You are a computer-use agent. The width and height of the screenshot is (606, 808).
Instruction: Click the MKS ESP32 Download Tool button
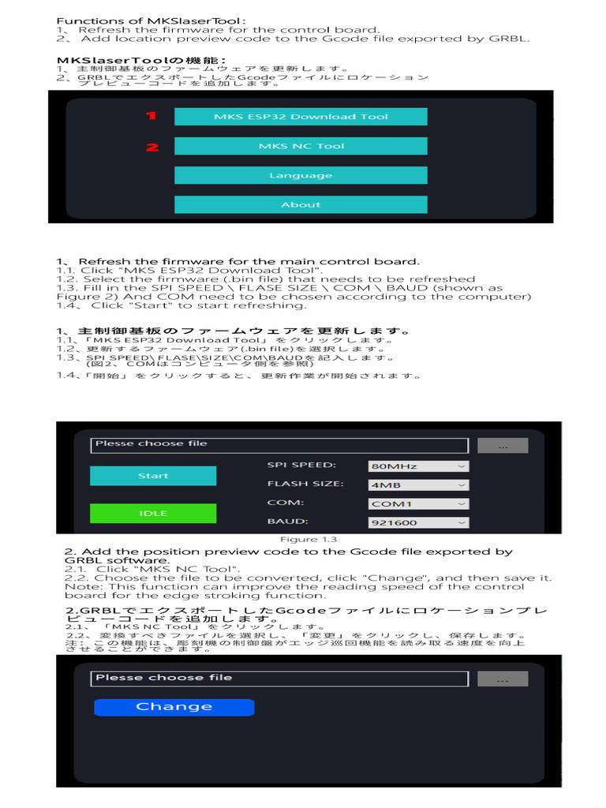(x=301, y=117)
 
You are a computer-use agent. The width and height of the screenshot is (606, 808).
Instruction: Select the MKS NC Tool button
(x=301, y=146)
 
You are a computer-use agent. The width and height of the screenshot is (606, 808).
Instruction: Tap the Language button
(x=301, y=175)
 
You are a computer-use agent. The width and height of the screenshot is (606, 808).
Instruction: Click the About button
(x=301, y=204)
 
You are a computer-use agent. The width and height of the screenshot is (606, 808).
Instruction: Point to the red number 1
(x=151, y=116)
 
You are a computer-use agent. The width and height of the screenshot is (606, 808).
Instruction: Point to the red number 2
(x=152, y=147)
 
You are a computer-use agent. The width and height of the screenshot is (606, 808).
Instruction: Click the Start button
(x=153, y=476)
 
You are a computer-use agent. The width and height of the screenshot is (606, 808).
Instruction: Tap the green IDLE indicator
(x=153, y=514)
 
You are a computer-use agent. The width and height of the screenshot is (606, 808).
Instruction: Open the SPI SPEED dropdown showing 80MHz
(x=418, y=466)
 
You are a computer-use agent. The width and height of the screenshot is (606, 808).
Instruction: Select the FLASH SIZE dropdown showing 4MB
(x=418, y=485)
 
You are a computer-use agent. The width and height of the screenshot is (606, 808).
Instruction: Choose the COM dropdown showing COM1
(x=418, y=503)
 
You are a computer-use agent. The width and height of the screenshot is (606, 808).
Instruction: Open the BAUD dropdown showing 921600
(x=418, y=522)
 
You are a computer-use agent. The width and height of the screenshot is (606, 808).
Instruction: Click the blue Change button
(x=174, y=707)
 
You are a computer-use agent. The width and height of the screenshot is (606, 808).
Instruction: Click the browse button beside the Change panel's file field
(x=503, y=679)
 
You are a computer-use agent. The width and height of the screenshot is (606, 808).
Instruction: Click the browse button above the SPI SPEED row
(x=503, y=446)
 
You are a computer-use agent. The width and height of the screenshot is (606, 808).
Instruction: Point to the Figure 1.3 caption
(x=304, y=540)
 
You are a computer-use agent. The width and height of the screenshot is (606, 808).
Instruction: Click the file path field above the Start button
(x=279, y=445)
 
